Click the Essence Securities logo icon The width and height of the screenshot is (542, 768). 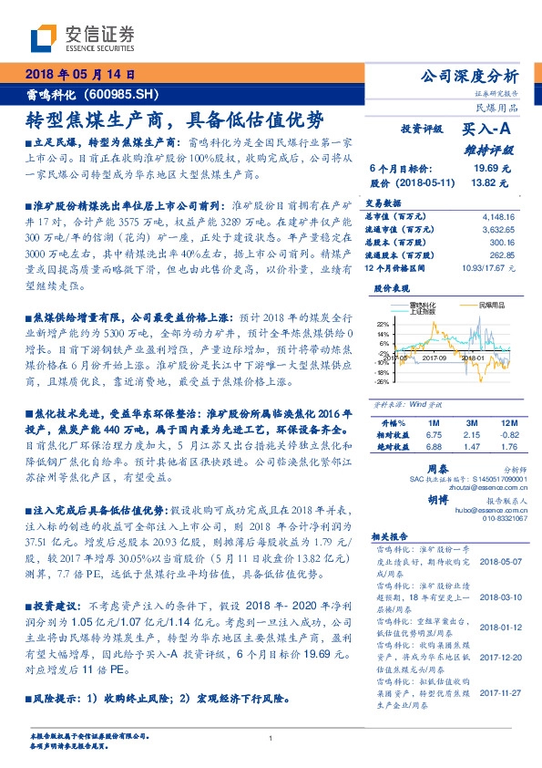pos(45,38)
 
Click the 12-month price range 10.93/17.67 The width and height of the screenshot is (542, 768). pos(492,268)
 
